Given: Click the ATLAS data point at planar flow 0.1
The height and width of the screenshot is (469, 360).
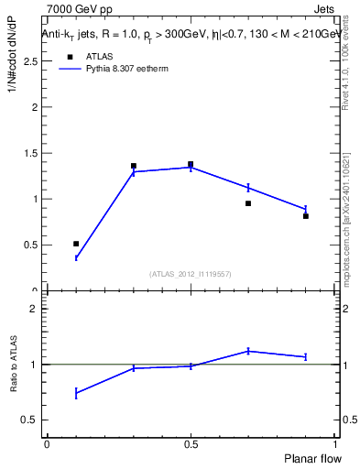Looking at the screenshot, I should coord(76,244).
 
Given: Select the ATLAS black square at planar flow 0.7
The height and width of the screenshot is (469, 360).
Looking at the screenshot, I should coord(248,203).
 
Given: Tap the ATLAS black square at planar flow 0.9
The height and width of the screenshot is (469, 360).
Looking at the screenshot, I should coord(306,216).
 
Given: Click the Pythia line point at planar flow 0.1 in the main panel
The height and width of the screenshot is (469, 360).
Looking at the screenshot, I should coord(76,258).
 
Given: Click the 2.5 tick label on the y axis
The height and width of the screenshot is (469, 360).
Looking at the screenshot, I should coord(29,61).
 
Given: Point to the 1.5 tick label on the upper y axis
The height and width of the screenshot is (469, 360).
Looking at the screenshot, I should coord(29,153).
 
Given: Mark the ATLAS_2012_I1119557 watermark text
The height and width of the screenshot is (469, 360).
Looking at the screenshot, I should coord(191,274).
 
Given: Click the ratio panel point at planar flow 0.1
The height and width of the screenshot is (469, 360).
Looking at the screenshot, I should coord(76,393).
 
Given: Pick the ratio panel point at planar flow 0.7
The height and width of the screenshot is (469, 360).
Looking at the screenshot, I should coord(248,351).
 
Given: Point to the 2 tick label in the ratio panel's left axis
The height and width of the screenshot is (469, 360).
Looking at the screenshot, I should coord(34,309).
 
